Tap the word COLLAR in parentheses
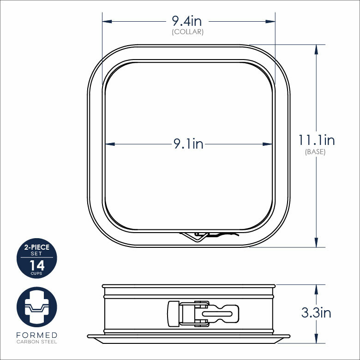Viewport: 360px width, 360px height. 188,32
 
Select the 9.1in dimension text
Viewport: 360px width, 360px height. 188,144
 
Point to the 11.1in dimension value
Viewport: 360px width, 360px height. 316,140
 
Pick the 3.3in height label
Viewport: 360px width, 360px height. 316,312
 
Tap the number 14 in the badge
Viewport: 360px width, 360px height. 36,265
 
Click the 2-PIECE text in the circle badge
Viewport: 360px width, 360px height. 36,248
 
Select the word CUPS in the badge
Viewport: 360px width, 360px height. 36,273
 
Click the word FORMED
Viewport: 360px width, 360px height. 36,335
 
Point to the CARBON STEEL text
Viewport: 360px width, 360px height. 36,342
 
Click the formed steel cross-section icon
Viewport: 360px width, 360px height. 36,307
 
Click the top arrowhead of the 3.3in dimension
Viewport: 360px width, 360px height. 316,288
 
